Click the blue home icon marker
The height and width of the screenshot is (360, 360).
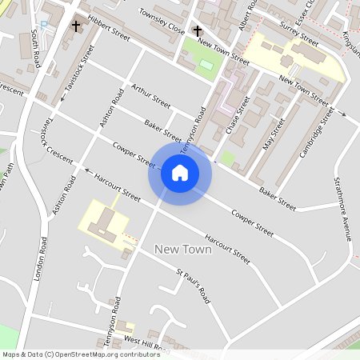click(180, 172)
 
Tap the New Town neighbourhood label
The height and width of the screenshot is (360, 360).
click(182, 250)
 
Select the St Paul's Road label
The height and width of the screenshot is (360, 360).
click(194, 285)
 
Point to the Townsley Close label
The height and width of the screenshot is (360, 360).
click(162, 21)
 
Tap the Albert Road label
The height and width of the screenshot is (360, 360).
click(245, 16)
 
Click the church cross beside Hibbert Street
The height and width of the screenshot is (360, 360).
click(76, 26)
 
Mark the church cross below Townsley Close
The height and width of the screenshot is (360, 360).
click(198, 30)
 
